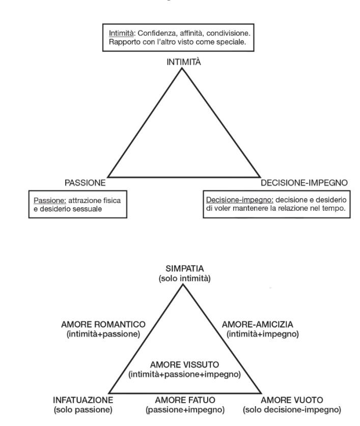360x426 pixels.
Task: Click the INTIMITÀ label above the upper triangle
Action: (184, 62)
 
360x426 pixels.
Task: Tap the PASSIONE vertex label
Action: (85, 183)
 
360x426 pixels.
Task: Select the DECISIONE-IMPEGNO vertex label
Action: (304, 183)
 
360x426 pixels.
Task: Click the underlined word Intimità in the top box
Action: (121, 33)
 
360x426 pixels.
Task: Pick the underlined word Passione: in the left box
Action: (50, 201)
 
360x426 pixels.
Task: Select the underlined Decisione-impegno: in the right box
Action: (239, 200)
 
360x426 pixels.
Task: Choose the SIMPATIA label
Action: (185, 269)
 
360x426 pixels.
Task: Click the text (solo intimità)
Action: (185, 278)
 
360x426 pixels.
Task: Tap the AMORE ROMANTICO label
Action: (103, 324)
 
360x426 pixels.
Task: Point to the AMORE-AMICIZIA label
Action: (258, 324)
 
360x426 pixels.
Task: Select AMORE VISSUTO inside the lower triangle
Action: (185, 364)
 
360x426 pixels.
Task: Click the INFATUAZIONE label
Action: (83, 400)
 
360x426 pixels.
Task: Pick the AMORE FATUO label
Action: (185, 400)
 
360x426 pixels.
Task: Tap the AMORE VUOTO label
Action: (292, 400)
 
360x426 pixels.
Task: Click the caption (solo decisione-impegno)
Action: (292, 410)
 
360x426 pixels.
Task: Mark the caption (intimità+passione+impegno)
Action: (185, 375)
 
